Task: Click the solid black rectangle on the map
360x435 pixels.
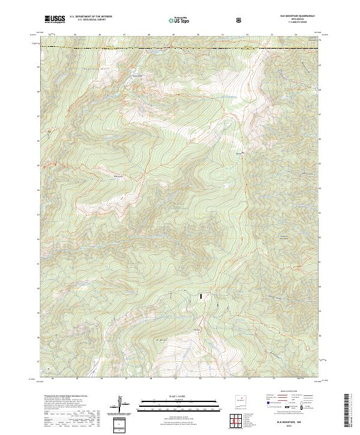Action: point(201,295)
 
